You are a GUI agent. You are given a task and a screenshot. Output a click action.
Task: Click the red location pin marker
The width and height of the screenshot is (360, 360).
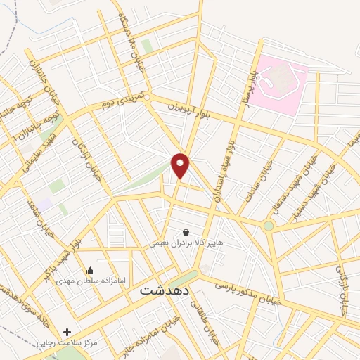pos(181,165)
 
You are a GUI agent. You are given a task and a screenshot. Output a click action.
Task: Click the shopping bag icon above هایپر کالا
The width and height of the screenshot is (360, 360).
pos(186,232)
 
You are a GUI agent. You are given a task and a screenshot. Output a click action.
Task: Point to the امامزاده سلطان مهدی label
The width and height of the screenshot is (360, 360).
pos(91,281)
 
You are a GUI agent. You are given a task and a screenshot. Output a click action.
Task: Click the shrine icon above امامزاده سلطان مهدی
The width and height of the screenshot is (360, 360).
pos(90,269)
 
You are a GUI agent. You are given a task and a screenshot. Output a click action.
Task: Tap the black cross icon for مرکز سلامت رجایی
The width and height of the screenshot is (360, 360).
pos(67,331)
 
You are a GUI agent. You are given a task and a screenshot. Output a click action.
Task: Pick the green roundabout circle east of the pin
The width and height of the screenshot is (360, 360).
pos(268,226)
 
